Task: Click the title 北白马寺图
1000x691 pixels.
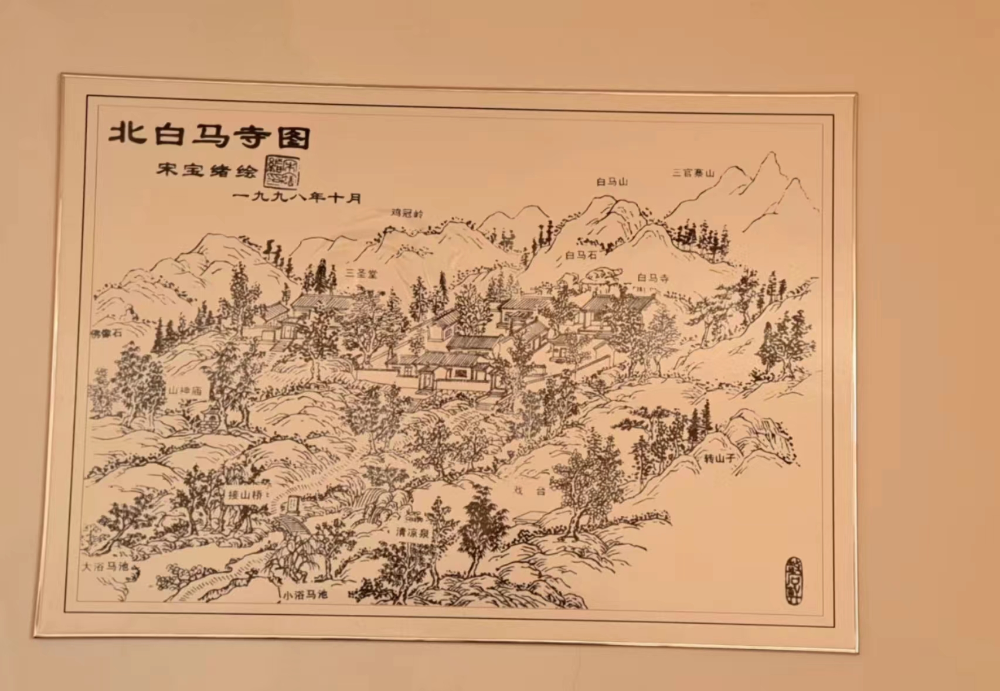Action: coord(209,135)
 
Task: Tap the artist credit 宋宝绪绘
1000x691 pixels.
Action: coord(206,171)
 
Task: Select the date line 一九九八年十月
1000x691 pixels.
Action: coord(296,197)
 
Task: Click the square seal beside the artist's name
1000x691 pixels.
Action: coord(282,171)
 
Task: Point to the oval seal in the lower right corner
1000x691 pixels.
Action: coord(792,580)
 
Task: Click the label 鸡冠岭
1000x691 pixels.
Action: coord(407,213)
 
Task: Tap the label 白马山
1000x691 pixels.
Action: coord(612,182)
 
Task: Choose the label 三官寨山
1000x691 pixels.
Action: coord(693,173)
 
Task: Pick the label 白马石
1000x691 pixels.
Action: coord(581,255)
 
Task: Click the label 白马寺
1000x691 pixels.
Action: coord(652,278)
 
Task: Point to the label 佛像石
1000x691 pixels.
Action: coord(106,333)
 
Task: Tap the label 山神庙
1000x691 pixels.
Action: coord(185,390)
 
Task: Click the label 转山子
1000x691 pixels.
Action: coord(719,458)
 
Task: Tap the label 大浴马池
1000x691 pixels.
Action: coord(104,567)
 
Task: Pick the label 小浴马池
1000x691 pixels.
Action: coord(305,594)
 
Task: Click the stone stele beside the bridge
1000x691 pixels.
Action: coord(292,503)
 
